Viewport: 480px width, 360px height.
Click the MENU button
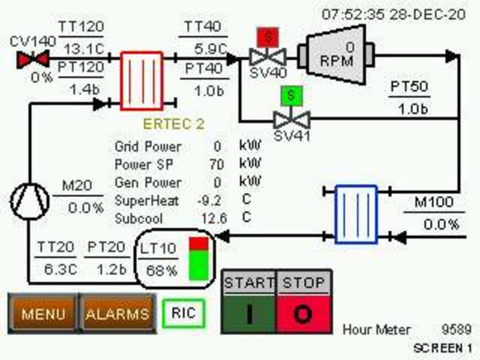(42, 314)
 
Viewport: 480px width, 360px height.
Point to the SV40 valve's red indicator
(266, 36)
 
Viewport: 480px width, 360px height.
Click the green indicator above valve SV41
(289, 96)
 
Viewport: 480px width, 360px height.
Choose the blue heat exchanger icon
(355, 214)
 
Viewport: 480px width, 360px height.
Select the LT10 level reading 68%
(161, 270)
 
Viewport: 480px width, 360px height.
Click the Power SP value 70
(217, 164)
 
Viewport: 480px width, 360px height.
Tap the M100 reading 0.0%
(441, 223)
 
